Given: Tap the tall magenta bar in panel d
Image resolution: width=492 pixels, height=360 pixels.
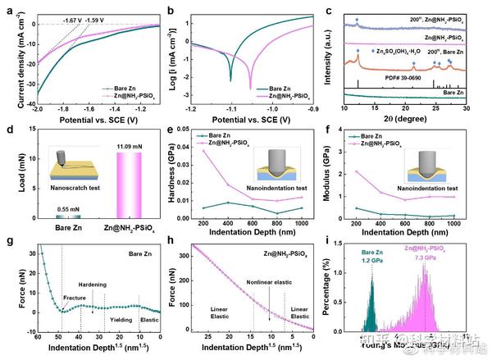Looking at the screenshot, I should [136, 175].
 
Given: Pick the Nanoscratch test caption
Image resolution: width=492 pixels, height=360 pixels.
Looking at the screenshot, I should [71, 198].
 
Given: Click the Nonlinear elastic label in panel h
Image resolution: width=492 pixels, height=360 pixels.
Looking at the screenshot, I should [269, 284].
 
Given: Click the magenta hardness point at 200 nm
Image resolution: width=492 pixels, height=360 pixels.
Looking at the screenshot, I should [204, 151].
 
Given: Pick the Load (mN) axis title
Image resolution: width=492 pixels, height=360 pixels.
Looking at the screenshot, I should [14, 172].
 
